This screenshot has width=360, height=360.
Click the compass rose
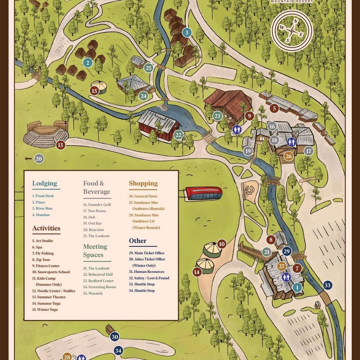coord(292,31)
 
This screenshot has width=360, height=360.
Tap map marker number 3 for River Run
coord(186,33)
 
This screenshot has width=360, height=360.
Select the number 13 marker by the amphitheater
coord(60,145)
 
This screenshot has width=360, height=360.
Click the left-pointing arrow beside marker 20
coord(28,159)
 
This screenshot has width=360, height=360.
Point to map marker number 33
coord(327,285)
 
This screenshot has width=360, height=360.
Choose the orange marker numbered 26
coord(288,156)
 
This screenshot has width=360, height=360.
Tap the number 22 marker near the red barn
coord(178,135)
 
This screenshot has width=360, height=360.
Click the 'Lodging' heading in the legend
coord(45,183)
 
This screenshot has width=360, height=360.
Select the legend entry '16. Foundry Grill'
coord(97,204)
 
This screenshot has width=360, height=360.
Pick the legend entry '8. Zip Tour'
coord(41,260)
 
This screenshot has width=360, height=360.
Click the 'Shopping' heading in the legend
coord(143,184)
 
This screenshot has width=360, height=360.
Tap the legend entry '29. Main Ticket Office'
coord(147,253)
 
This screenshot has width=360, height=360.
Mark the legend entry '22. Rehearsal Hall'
coord(98,274)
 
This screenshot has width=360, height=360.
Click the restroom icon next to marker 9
coord(237,130)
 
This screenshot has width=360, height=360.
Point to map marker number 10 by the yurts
coord(222,244)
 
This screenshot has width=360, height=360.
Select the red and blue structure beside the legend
coord(204,193)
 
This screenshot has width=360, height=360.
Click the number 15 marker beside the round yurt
coord(94,91)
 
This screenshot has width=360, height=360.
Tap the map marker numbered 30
coord(114,337)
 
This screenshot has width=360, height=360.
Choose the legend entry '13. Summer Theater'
coord(49,297)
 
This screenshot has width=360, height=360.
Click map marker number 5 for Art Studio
coord(274,108)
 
